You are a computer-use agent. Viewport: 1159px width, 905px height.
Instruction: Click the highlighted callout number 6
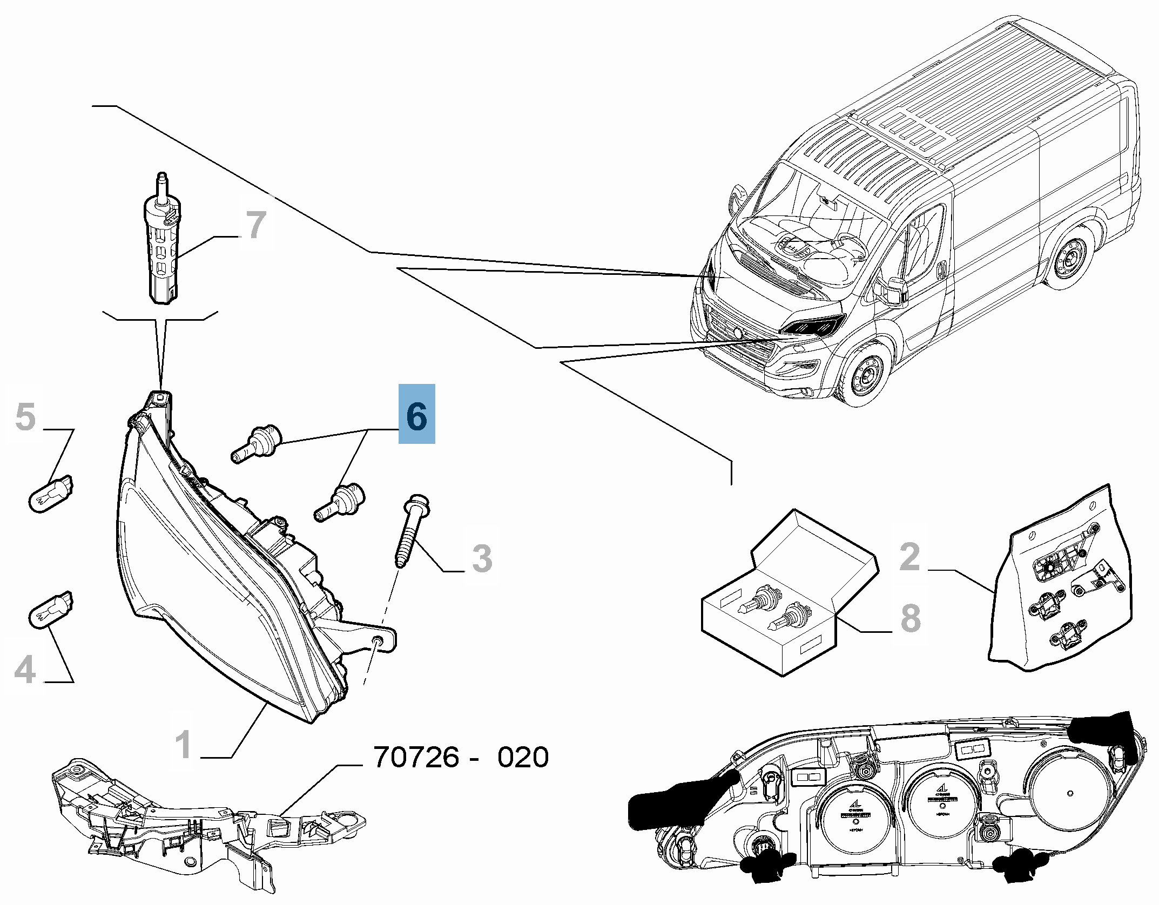416,414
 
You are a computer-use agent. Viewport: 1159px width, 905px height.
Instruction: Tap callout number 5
25,416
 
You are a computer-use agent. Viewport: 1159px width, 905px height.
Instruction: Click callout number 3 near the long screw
482,558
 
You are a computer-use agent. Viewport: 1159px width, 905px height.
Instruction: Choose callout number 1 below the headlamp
184,744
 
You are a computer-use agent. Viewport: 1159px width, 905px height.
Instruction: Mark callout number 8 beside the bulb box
911,618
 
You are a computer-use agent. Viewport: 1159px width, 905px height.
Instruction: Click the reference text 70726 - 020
461,758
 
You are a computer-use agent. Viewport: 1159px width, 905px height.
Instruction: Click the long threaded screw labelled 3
412,531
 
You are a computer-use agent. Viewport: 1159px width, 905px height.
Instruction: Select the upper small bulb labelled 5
51,492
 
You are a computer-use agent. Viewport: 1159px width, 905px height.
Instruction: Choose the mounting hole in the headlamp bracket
378,640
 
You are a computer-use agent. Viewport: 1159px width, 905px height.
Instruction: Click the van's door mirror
894,290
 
